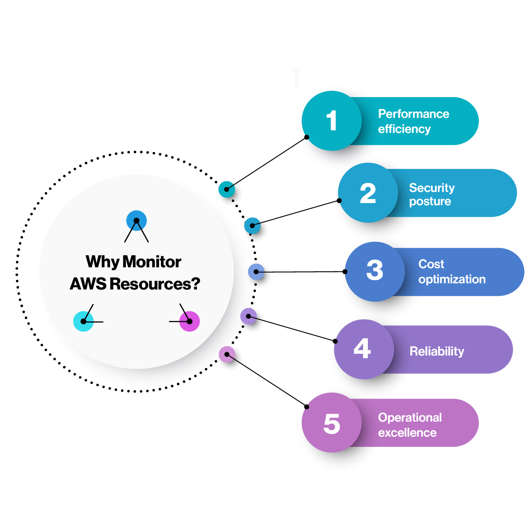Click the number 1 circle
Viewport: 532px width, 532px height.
[332, 121]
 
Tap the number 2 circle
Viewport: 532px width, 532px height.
[368, 193]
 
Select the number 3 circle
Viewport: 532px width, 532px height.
[375, 271]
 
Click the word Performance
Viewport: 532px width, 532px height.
[414, 114]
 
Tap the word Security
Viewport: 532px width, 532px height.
[432, 188]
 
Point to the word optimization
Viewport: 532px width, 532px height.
[452, 279]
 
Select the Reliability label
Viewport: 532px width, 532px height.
[437, 351]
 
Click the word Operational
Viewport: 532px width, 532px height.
[410, 418]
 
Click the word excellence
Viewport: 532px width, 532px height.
[407, 433]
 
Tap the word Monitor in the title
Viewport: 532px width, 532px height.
[152, 262]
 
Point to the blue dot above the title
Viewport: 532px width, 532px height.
[137, 220]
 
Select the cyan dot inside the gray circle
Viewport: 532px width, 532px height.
[83, 321]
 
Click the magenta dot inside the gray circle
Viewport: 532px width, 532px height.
[190, 321]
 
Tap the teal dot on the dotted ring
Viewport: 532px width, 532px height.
[227, 189]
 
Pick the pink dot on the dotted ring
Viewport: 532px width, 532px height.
[227, 354]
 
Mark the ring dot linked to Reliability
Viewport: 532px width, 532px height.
[249, 316]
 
